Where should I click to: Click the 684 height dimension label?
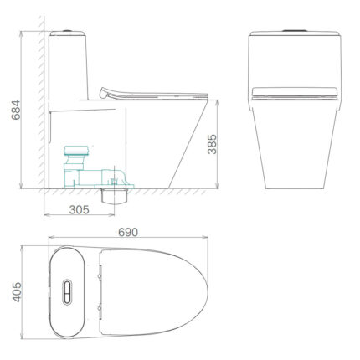pyautogui.click(x=16, y=110)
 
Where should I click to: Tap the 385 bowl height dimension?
pyautogui.click(x=212, y=144)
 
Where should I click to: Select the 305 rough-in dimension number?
pyautogui.click(x=80, y=209)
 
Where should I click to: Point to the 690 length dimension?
pyautogui.click(x=128, y=232)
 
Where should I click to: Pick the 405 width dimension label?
pyautogui.click(x=17, y=292)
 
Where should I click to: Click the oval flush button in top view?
pyautogui.click(x=67, y=292)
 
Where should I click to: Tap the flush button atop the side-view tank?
pyautogui.click(x=67, y=30)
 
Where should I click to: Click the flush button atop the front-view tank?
pyautogui.click(x=295, y=30)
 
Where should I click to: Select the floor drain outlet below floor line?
pyautogui.click(x=114, y=196)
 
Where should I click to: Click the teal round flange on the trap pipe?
pyautogui.click(x=76, y=150)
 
